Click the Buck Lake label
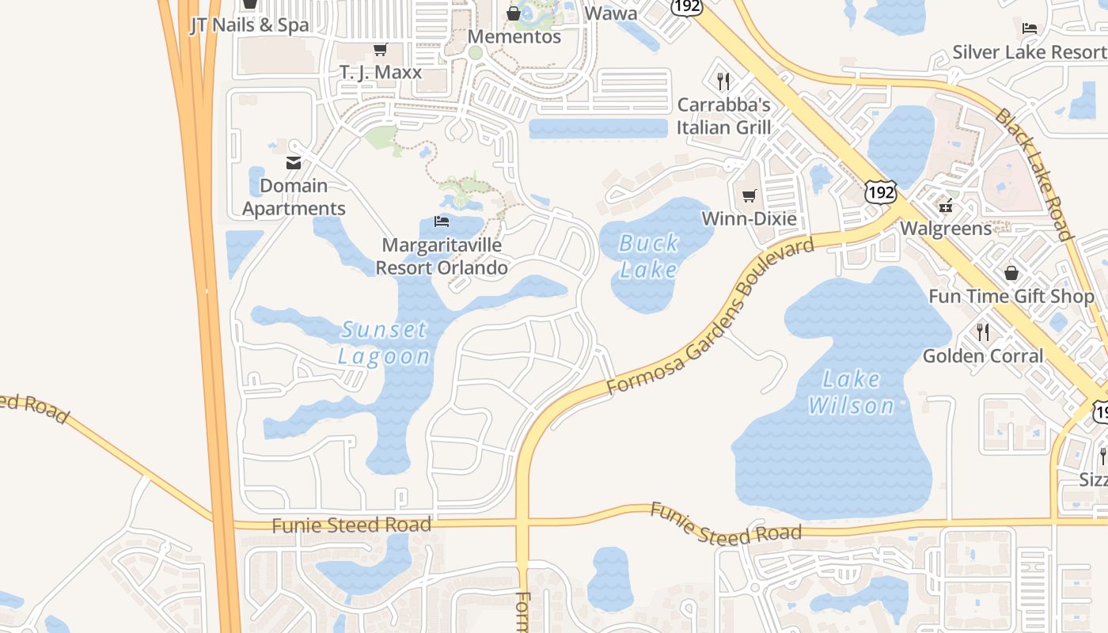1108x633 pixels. pyautogui.click(x=648, y=256)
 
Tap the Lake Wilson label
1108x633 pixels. pyautogui.click(x=851, y=392)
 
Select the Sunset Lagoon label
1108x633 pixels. pyautogui.click(x=384, y=342)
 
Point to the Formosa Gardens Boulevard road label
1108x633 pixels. pyautogui.click(x=710, y=316)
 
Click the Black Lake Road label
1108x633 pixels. pyautogui.click(x=1033, y=174)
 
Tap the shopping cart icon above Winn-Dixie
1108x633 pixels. pyautogui.click(x=749, y=195)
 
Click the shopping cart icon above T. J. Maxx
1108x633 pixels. pyautogui.click(x=380, y=50)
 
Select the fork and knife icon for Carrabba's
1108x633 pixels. pyautogui.click(x=723, y=81)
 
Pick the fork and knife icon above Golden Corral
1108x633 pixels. pyautogui.click(x=983, y=332)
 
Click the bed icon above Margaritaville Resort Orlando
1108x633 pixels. pyautogui.click(x=442, y=222)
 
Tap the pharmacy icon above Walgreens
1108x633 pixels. pyautogui.click(x=946, y=206)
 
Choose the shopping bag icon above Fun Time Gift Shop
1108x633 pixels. pyautogui.click(x=1011, y=274)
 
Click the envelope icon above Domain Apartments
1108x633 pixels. pyautogui.click(x=294, y=163)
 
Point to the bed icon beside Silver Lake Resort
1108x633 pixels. pyautogui.click(x=1030, y=28)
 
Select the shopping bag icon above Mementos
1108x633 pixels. pyautogui.click(x=514, y=13)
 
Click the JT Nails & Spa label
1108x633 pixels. pyautogui.click(x=250, y=25)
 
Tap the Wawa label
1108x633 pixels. pyautogui.click(x=610, y=13)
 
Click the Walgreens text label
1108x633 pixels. pyautogui.click(x=946, y=229)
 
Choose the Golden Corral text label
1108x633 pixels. pyautogui.click(x=983, y=356)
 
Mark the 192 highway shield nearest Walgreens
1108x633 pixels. pyautogui.click(x=880, y=191)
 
